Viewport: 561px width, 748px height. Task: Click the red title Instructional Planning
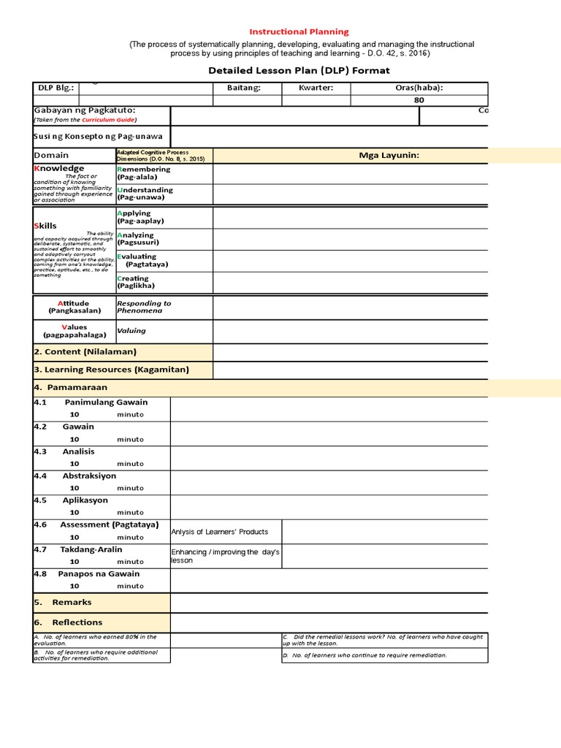click(x=299, y=31)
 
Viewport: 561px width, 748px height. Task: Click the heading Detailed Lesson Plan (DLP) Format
click(x=299, y=70)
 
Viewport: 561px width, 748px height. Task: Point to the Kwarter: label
click(x=316, y=88)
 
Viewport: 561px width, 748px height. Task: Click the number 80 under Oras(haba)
click(x=419, y=100)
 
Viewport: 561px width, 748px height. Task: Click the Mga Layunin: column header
click(x=389, y=155)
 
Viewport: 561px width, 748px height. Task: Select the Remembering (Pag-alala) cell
click(x=143, y=173)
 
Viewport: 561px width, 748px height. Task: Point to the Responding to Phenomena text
click(x=144, y=307)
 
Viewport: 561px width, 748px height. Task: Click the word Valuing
click(x=131, y=331)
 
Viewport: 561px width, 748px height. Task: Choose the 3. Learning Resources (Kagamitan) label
click(x=111, y=370)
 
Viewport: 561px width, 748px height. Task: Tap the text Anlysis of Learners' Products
click(x=219, y=532)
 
